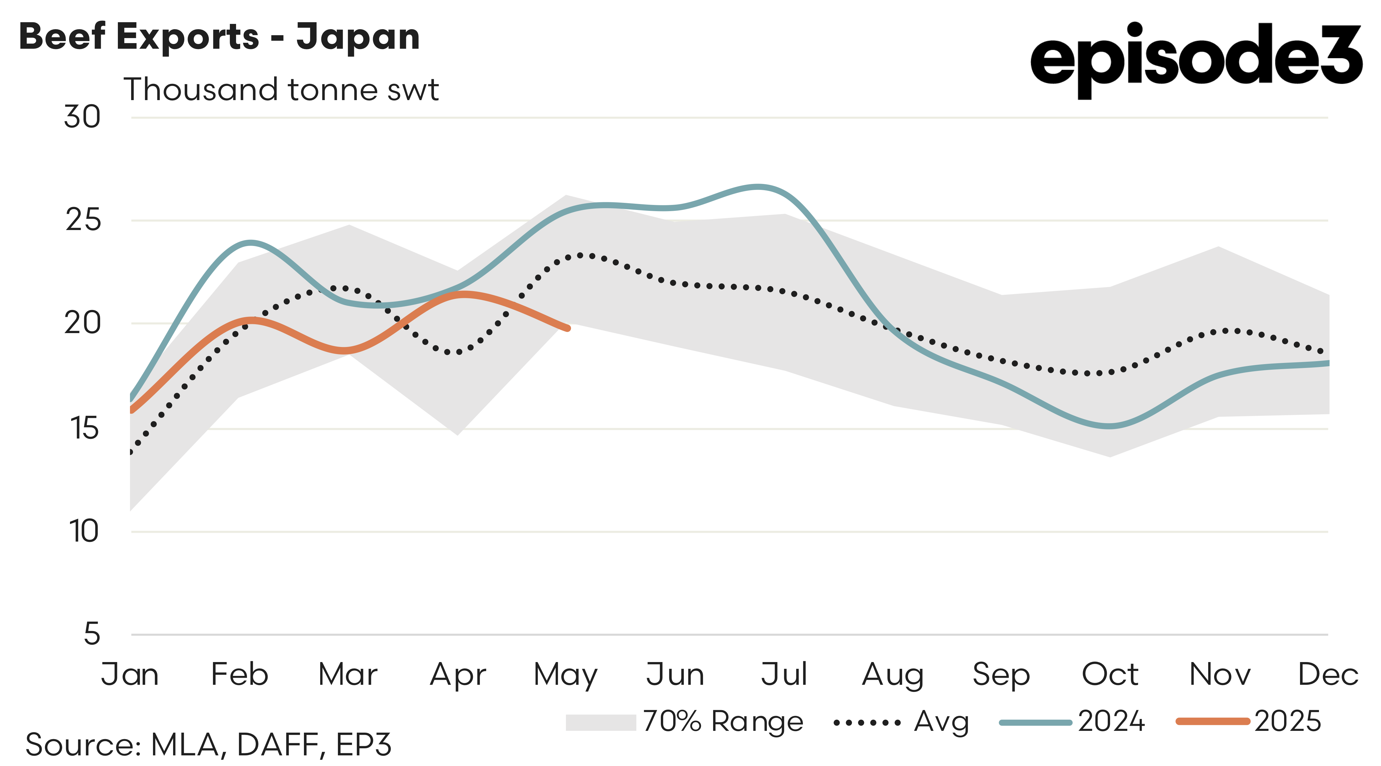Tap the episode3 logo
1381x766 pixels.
tap(1195, 59)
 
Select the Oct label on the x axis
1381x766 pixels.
tap(1110, 674)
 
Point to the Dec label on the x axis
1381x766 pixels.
tap(1328, 674)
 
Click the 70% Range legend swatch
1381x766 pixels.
tap(601, 722)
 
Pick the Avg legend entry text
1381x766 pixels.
tap(941, 722)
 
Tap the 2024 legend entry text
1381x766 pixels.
tap(1111, 722)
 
